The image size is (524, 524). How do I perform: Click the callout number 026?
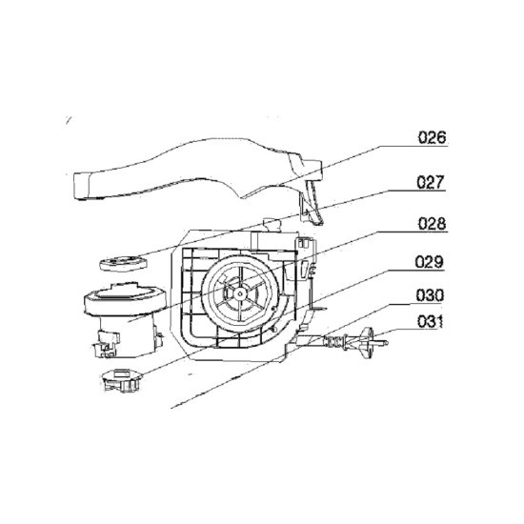pos(433,137)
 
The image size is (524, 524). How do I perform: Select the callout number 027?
pos(431,182)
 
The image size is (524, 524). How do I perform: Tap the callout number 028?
pos(432,224)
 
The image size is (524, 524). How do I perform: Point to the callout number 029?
pos(430,262)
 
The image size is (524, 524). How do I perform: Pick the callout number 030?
pos(430,295)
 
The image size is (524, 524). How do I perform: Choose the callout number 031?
pos(430,321)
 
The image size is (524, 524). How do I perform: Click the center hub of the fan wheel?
pos(240,293)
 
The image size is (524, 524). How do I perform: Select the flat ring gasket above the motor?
pos(123,263)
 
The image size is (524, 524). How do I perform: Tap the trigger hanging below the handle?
pos(312,202)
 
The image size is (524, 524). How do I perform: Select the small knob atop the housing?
pos(271,225)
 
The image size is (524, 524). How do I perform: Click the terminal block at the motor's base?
pos(107,344)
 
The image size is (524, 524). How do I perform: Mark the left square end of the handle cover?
pos(81,186)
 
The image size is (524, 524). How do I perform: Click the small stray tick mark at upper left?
pos(69,120)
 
